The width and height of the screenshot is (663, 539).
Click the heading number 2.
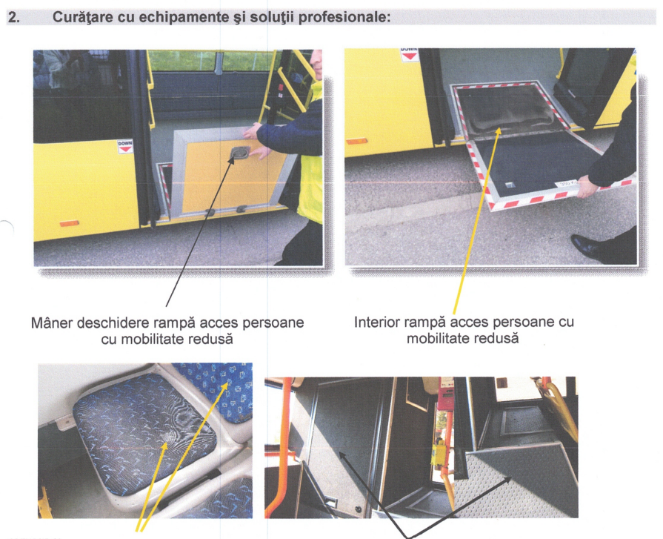tap(14, 17)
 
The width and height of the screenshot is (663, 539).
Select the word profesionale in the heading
tap(344, 17)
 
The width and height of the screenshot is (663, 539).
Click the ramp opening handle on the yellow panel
tap(240, 153)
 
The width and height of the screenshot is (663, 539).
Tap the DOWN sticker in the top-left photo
tap(124, 146)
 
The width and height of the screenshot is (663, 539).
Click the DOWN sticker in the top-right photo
tap(409, 54)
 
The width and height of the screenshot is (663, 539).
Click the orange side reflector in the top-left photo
tap(69, 223)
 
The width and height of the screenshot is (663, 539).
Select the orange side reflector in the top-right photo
tap(356, 142)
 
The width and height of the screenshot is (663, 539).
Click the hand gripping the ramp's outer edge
tap(587, 187)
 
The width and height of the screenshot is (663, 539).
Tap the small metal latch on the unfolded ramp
tap(510, 185)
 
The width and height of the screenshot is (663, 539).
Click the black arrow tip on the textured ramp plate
tap(510, 479)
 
